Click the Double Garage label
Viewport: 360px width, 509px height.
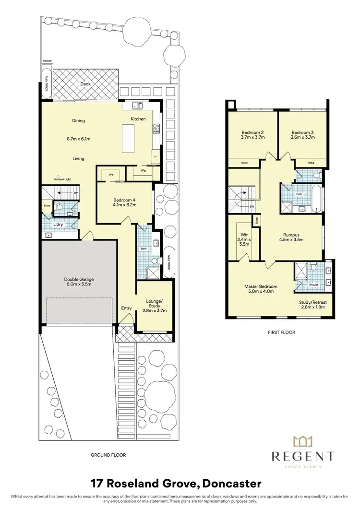pos(79,279)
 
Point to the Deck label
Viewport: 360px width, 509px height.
pos(85,84)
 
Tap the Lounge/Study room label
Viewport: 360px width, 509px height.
pos(154,303)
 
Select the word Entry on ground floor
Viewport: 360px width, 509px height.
pos(126,308)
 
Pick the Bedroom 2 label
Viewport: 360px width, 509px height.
pos(252,132)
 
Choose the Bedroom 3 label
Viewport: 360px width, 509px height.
pos(302,132)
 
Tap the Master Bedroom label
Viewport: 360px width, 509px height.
pos(261,287)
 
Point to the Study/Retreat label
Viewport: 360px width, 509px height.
pos(312,302)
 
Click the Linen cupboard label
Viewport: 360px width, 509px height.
pos(258,221)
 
